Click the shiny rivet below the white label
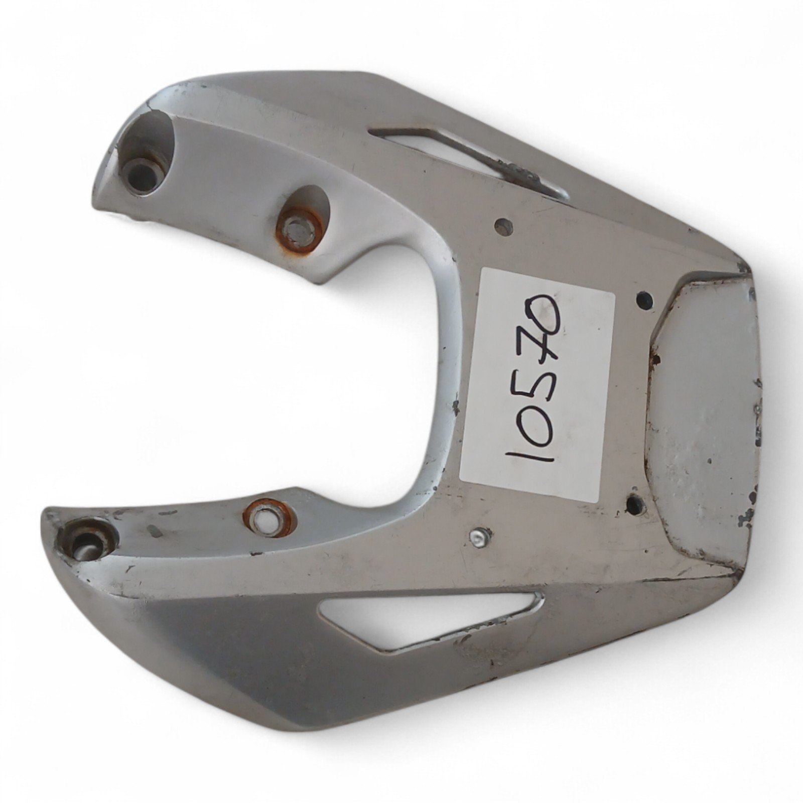(x=479, y=539)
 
